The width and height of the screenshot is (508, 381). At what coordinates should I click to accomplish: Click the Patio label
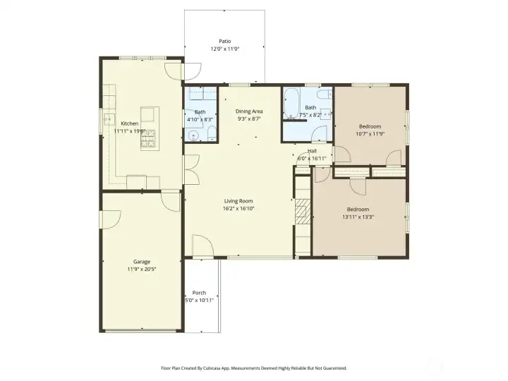pos(224,41)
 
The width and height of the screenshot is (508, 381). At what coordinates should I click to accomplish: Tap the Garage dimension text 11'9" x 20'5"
pos(142,269)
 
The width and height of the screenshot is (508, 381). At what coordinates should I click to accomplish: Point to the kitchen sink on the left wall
pos(109,121)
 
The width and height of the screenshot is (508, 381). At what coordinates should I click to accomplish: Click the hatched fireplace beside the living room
pos(302,211)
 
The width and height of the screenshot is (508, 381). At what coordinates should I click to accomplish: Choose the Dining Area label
pos(249,111)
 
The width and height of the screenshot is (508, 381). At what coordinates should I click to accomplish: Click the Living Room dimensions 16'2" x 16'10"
pos(238,209)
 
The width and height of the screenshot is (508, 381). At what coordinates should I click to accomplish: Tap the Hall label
pos(312,151)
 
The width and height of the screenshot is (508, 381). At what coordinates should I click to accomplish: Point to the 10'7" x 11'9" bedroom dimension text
pos(370,134)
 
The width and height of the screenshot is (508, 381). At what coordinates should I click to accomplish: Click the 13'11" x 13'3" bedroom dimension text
pos(358,217)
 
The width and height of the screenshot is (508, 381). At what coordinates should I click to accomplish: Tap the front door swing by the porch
pos(203,246)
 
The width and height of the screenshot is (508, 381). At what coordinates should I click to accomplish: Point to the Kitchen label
pos(129,123)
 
